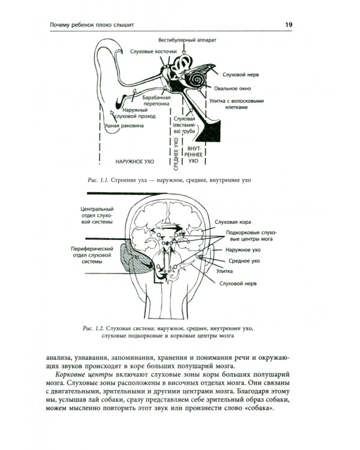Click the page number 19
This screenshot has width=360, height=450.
pos(289,24)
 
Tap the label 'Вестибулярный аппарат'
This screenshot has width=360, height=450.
pos(188,41)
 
